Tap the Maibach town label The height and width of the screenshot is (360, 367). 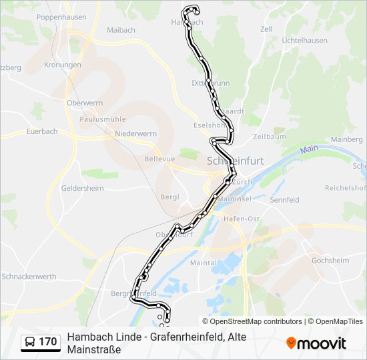pos(121,30)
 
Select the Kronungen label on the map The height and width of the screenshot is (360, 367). pos(63,65)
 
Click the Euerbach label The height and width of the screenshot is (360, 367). pos(41,131)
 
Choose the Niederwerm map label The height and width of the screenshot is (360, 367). pos(135,134)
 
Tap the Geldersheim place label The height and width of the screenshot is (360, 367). pos(82,189)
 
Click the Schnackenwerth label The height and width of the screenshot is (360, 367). pos(30,276)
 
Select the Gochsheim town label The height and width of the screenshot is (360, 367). pos(331,260)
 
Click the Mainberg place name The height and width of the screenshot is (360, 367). pos(346,139)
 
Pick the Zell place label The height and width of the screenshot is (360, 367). pos(266,29)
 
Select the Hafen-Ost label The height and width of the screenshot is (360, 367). pos(242,219)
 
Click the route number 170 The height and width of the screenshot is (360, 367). pos(47,342)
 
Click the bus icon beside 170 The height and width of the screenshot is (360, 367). pos(30,342)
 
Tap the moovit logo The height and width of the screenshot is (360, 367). pos(316,343)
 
